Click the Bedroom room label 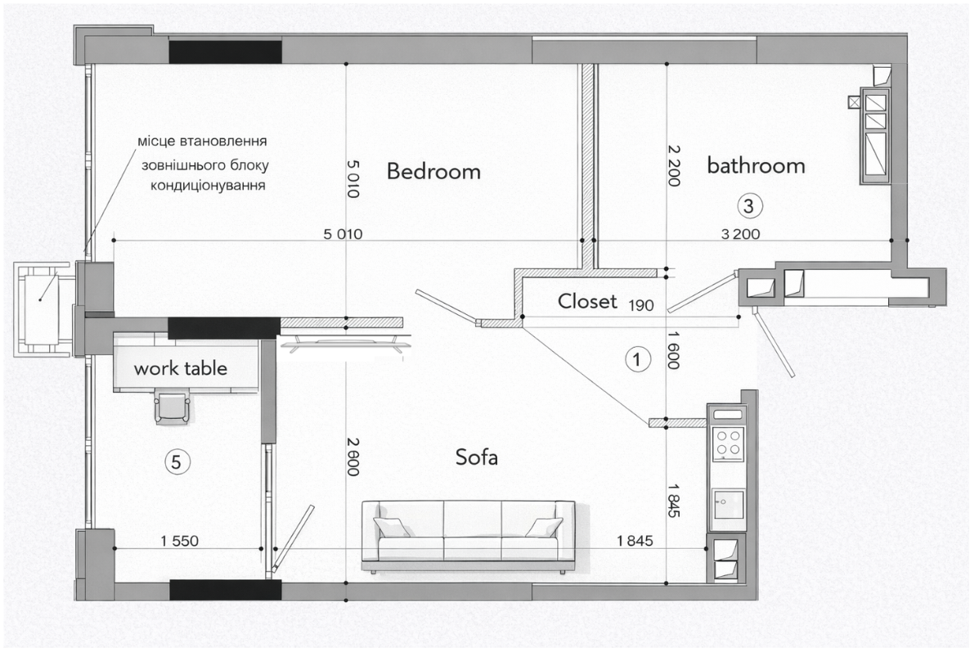(x=433, y=172)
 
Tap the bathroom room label (x=756, y=166)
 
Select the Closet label (x=587, y=301)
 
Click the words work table (x=181, y=369)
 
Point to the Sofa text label (x=476, y=457)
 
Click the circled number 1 (x=638, y=359)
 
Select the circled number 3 (x=749, y=205)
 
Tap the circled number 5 (x=177, y=461)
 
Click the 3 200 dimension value (x=740, y=234)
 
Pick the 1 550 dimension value (x=180, y=541)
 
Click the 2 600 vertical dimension (x=353, y=457)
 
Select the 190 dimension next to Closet (x=641, y=305)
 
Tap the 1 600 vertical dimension (x=674, y=349)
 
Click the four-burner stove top (x=728, y=443)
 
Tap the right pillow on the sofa (x=544, y=527)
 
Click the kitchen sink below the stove (x=728, y=503)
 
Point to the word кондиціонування (x=209, y=186)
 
